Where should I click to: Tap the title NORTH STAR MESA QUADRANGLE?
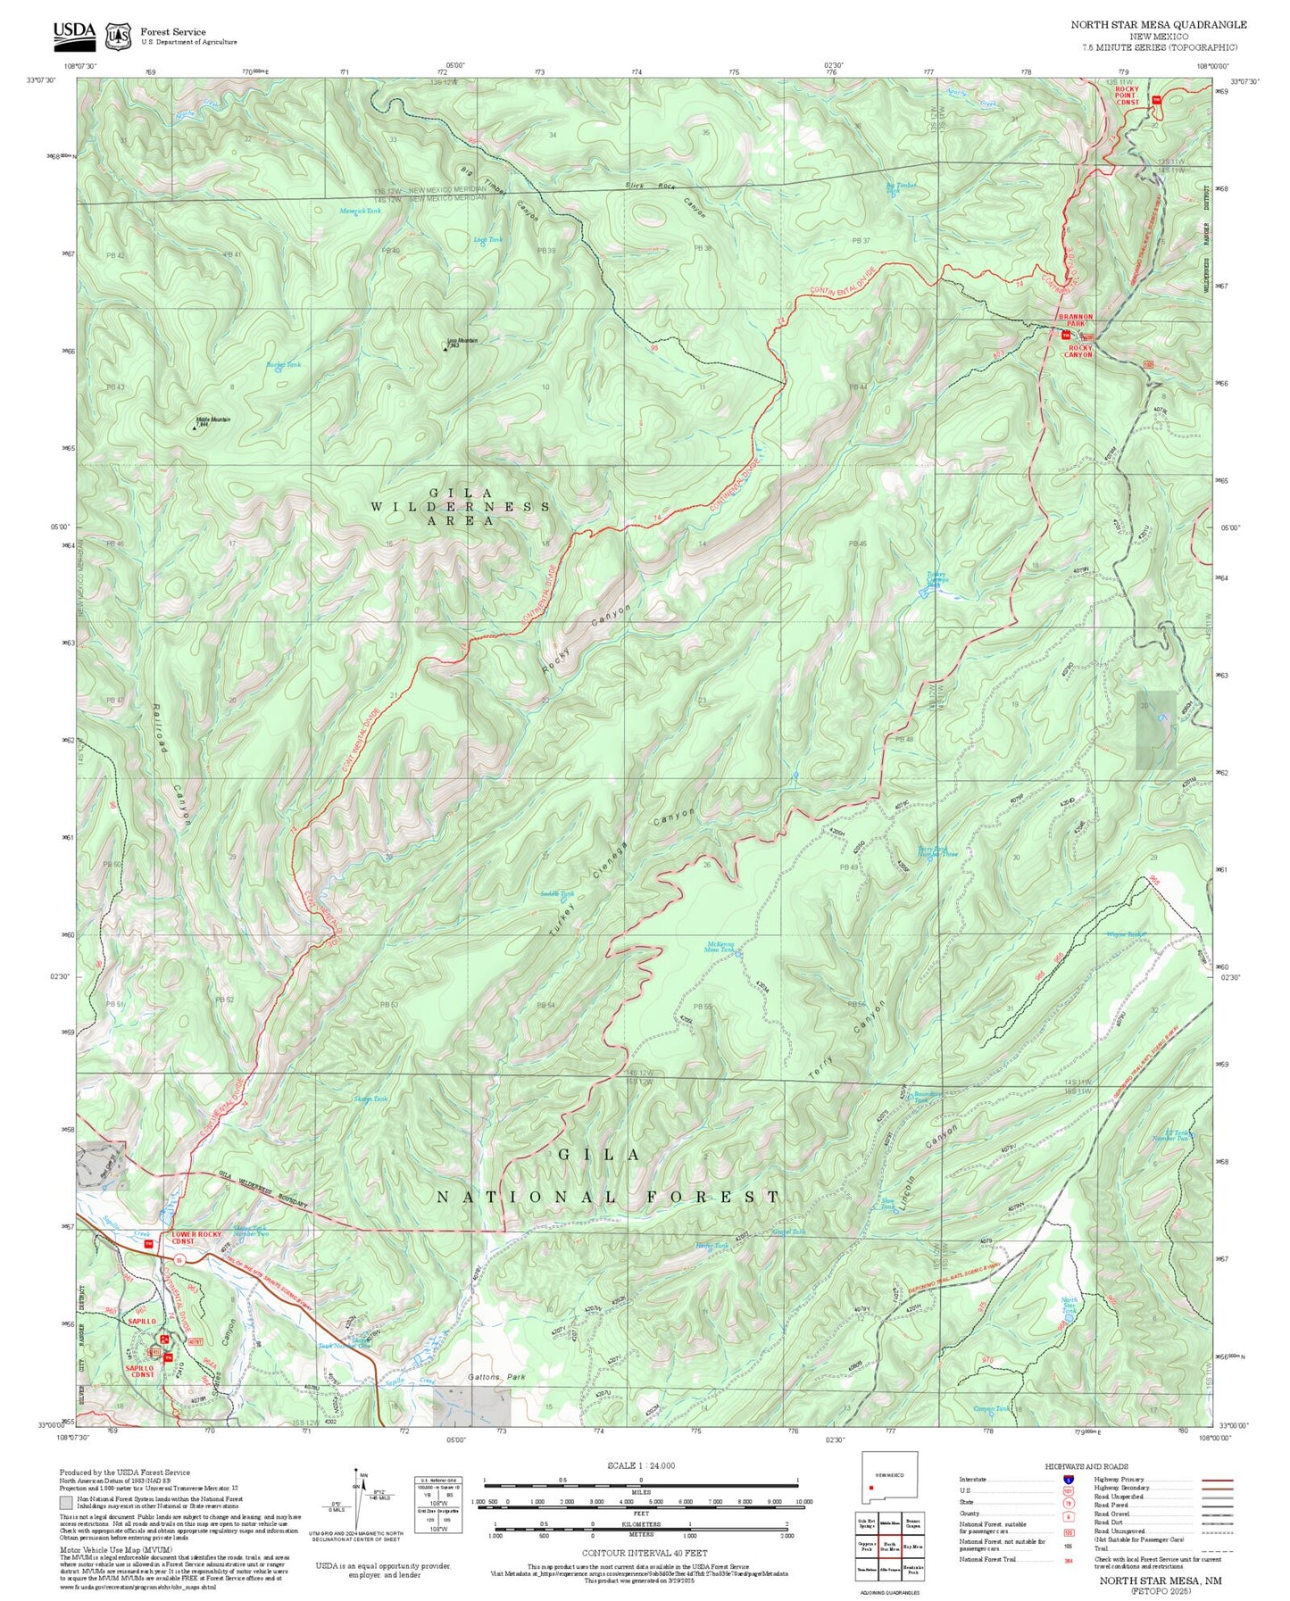coord(1159,25)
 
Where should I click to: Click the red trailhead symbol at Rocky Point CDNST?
coord(1157,99)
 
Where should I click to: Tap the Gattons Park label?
coord(497,1377)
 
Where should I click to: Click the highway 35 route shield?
coord(179,1259)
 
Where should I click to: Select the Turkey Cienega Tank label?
coord(936,579)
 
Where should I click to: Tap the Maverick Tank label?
coord(360,211)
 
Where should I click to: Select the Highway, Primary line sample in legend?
coord(1216,1480)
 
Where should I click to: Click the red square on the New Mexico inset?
coord(870,1488)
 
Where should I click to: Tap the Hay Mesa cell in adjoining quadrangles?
coord(912,1547)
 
